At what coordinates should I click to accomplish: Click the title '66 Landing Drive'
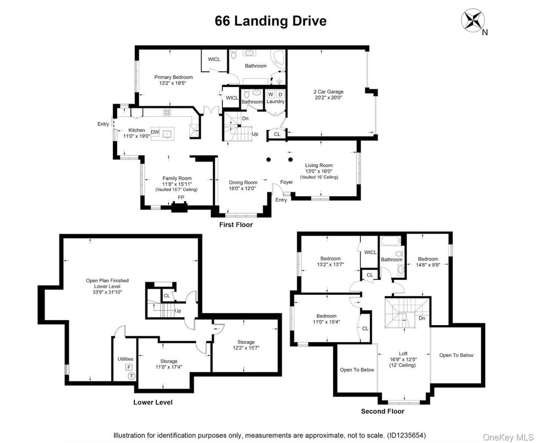tap(270, 21)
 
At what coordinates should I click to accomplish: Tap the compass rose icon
tap(473, 20)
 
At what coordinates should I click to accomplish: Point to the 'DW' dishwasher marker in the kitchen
tap(156, 132)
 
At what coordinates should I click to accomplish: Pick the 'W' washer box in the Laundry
tap(270, 94)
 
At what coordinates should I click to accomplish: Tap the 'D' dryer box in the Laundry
tap(280, 94)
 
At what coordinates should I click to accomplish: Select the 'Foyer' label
tap(286, 182)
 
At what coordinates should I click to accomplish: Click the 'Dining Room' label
tap(243, 182)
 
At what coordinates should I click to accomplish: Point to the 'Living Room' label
tap(319, 165)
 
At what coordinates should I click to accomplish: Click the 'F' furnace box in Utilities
tap(129, 366)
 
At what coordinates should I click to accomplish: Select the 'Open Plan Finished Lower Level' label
tap(107, 280)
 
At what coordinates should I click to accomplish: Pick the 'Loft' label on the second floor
tap(404, 353)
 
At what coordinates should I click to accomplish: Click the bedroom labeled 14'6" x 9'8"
tap(428, 259)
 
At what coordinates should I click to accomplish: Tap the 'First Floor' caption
tap(236, 225)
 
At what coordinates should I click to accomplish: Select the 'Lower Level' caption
tap(153, 402)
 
